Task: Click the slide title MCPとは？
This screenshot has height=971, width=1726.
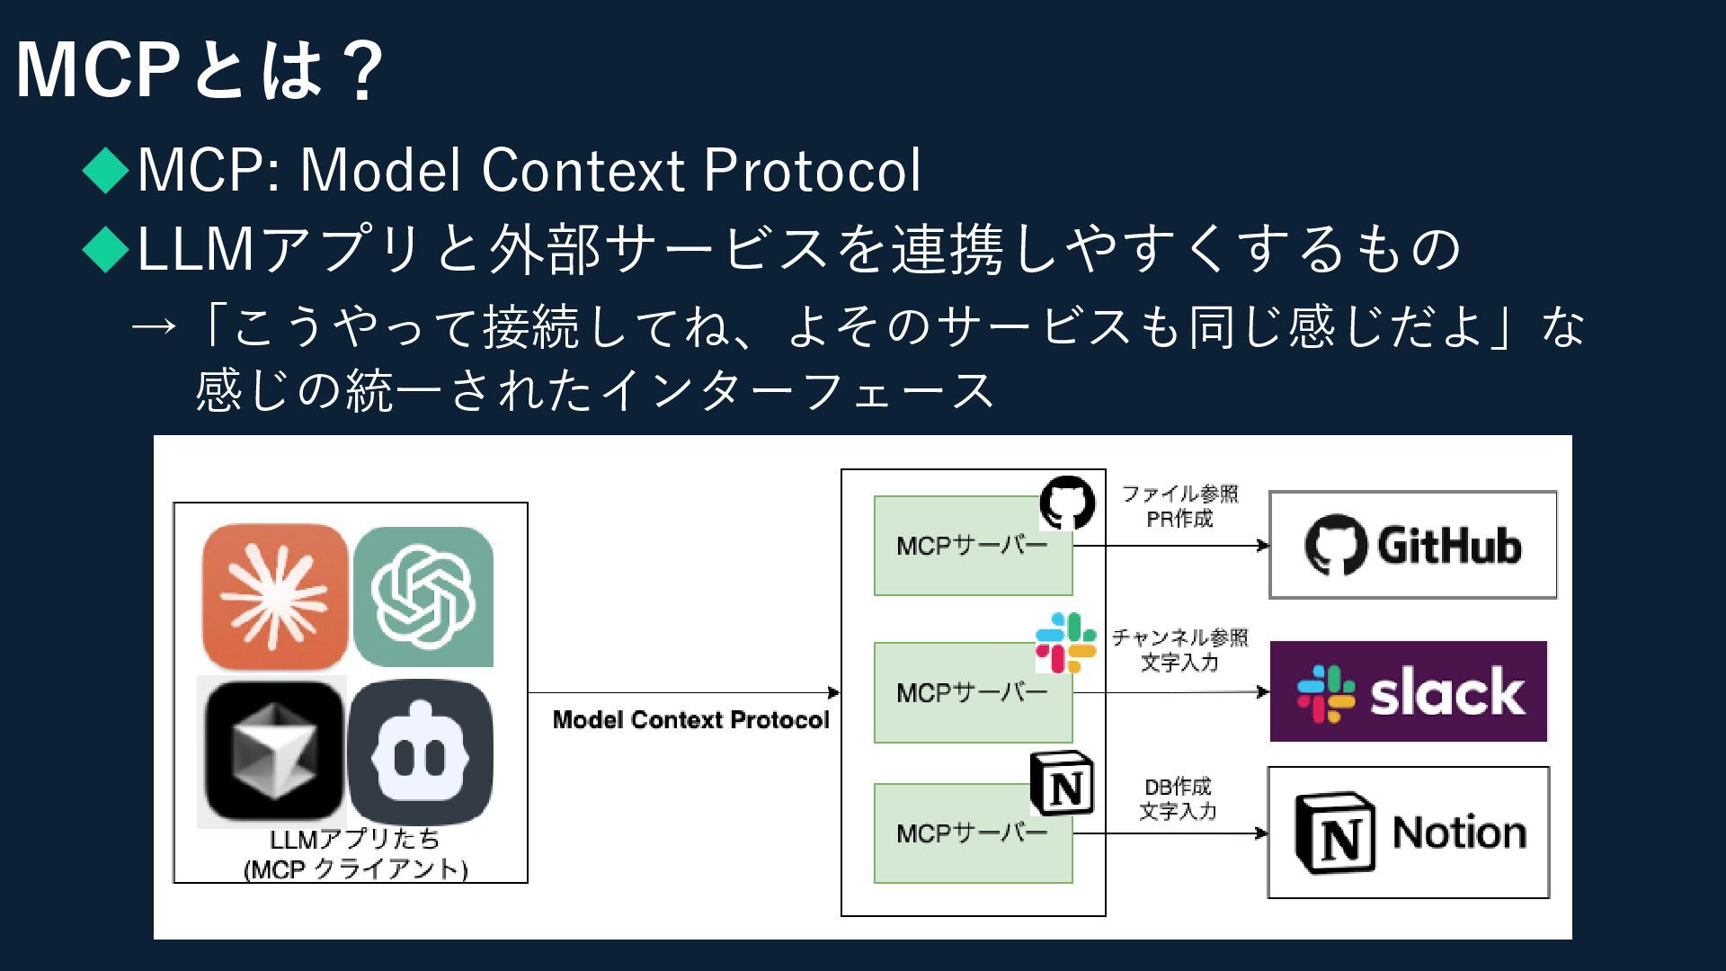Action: pyautogui.click(x=200, y=70)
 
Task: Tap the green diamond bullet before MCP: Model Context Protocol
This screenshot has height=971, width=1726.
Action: pyautogui.click(x=106, y=169)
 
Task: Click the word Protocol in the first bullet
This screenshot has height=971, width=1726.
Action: pyautogui.click(x=813, y=169)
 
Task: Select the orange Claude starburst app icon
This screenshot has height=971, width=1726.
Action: pyautogui.click(x=275, y=595)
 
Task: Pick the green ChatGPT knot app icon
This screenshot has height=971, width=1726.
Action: pyautogui.click(x=423, y=596)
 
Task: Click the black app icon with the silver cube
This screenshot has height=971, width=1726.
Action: pyautogui.click(x=272, y=752)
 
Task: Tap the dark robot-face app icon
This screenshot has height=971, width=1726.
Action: pyautogui.click(x=421, y=753)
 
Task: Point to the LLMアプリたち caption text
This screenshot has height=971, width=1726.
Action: pyautogui.click(x=355, y=840)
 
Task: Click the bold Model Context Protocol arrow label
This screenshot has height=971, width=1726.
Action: pyautogui.click(x=690, y=720)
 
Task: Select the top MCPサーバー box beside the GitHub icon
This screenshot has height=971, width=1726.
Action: pyautogui.click(x=973, y=546)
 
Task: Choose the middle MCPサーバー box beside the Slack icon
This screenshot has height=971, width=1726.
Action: pyautogui.click(x=973, y=692)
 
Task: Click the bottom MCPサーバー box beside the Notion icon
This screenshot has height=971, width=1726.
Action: pyautogui.click(x=973, y=833)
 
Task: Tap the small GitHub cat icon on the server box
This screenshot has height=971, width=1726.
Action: pyautogui.click(x=1068, y=503)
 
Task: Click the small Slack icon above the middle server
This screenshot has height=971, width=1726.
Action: pyautogui.click(x=1066, y=643)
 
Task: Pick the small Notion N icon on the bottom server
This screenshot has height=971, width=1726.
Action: pyautogui.click(x=1062, y=784)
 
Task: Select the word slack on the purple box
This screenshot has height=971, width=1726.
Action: pyautogui.click(x=1446, y=692)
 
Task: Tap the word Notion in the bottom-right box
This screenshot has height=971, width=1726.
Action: pyautogui.click(x=1458, y=833)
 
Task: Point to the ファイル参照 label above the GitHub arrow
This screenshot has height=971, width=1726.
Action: pyautogui.click(x=1179, y=494)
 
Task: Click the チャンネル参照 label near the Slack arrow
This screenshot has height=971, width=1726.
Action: pyautogui.click(x=1179, y=637)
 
